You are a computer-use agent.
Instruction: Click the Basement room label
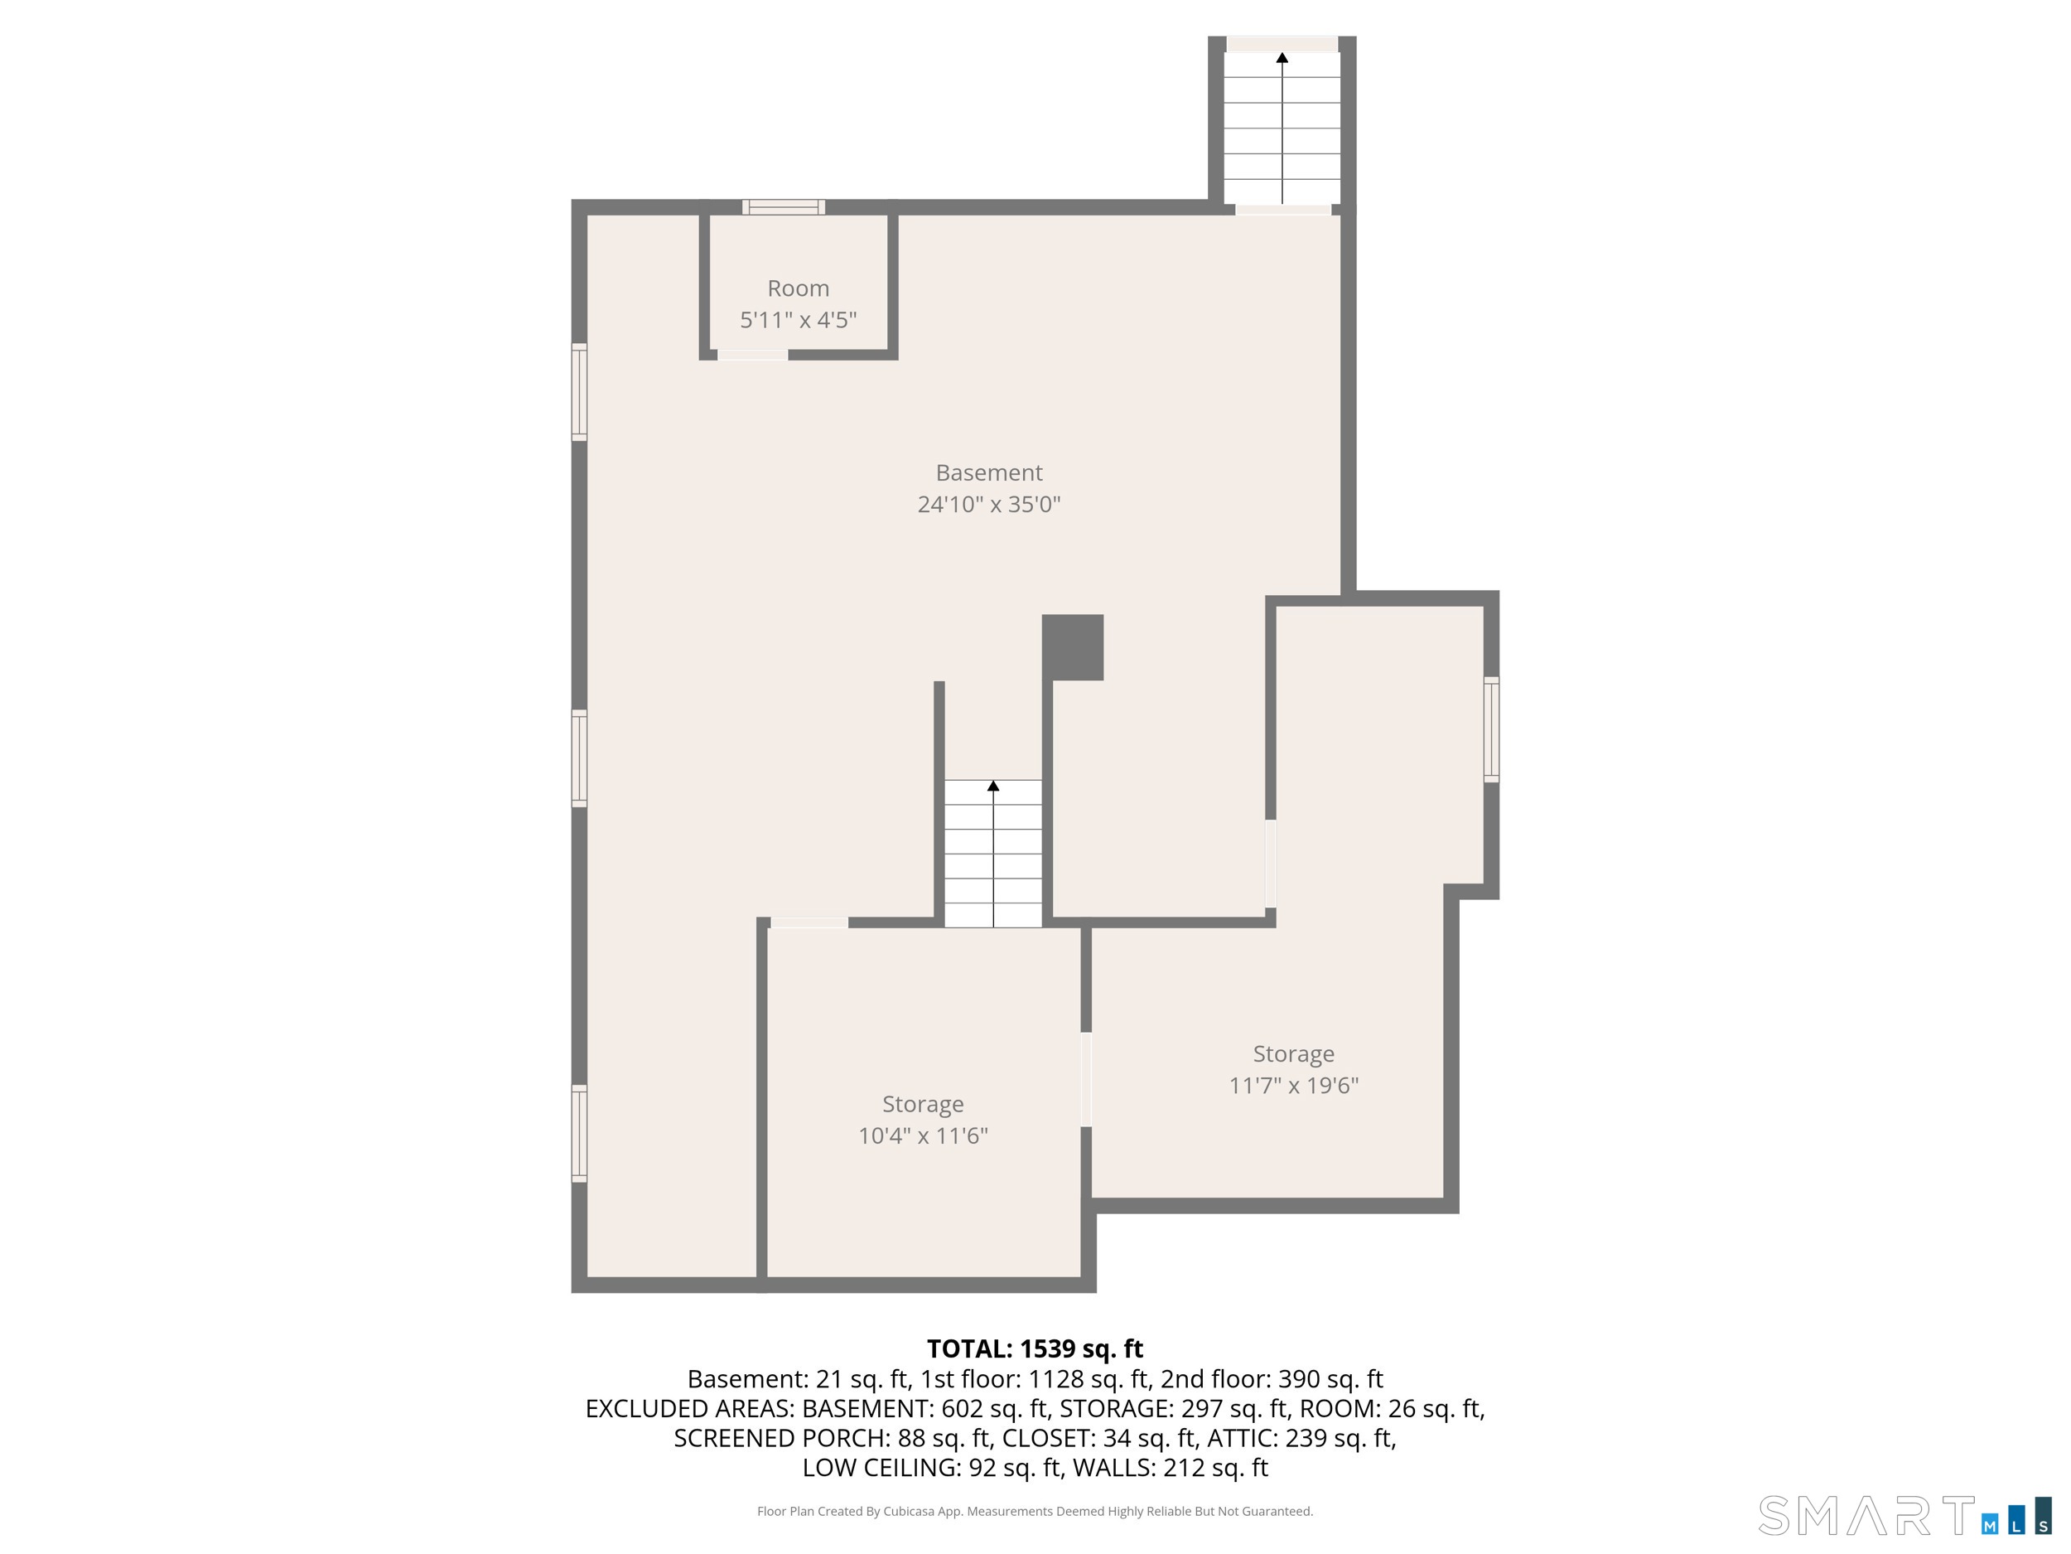tap(988, 473)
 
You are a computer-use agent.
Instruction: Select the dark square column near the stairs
tap(1073, 647)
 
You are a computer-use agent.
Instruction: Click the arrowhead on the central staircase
tap(993, 786)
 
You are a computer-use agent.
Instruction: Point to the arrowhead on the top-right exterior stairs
tap(1282, 58)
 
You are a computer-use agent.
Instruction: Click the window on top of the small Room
tap(784, 207)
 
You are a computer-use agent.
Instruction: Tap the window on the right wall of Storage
tap(1491, 729)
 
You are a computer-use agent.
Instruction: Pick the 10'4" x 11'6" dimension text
tap(923, 1136)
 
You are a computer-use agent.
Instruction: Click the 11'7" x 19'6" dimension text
tap(1294, 1086)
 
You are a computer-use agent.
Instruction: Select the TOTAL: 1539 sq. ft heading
tap(1035, 1348)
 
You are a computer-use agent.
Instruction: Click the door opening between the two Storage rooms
tap(1086, 1079)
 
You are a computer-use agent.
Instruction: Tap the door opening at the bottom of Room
tap(753, 354)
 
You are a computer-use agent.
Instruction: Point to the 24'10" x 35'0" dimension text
tap(988, 505)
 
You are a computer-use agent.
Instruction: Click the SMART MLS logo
tap(1904, 1515)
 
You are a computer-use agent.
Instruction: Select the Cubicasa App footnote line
tap(1035, 1511)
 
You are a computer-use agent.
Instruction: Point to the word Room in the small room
tap(799, 288)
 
